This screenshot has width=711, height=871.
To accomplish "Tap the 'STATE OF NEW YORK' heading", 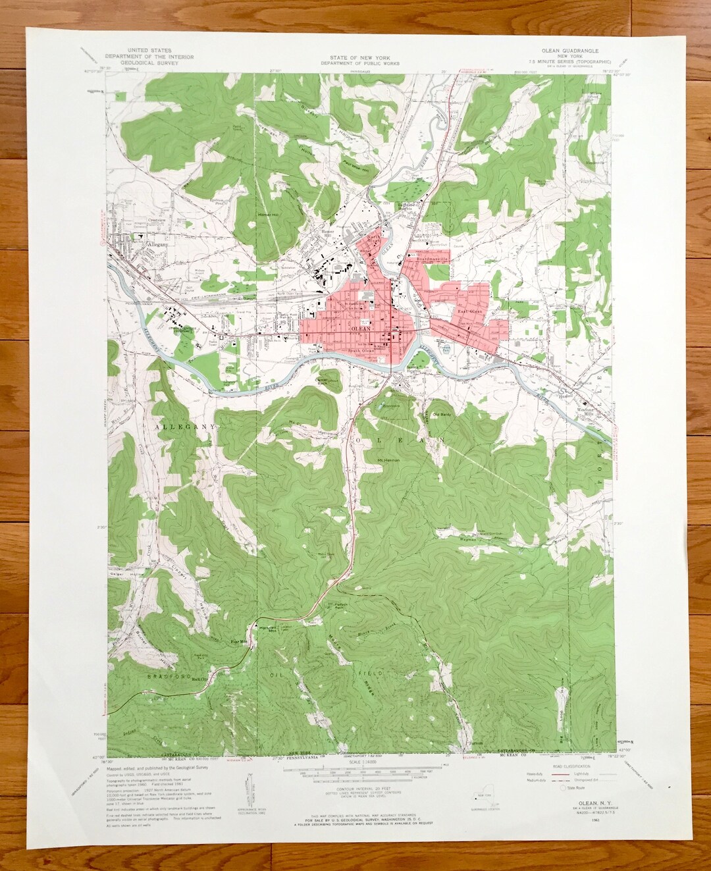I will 355,57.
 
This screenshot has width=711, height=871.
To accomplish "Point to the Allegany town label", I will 158,244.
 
